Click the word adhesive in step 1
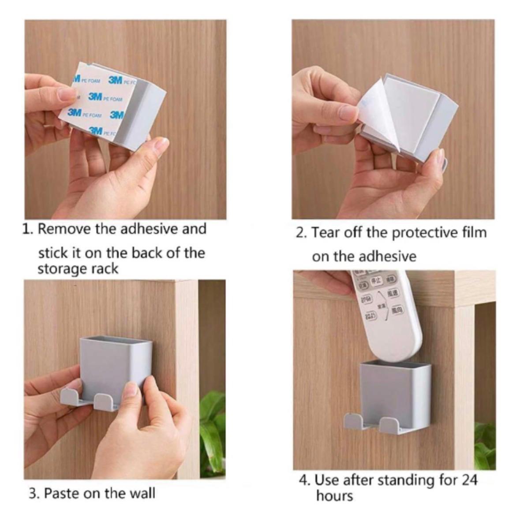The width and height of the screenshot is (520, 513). pos(150,229)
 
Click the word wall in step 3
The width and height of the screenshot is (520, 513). pos(142,493)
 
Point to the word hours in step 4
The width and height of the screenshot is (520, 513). pos(334,495)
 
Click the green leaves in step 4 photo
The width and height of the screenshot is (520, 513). pos(485,445)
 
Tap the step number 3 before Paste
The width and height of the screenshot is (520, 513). pos(33,493)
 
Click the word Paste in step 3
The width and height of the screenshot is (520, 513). pos(62,493)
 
